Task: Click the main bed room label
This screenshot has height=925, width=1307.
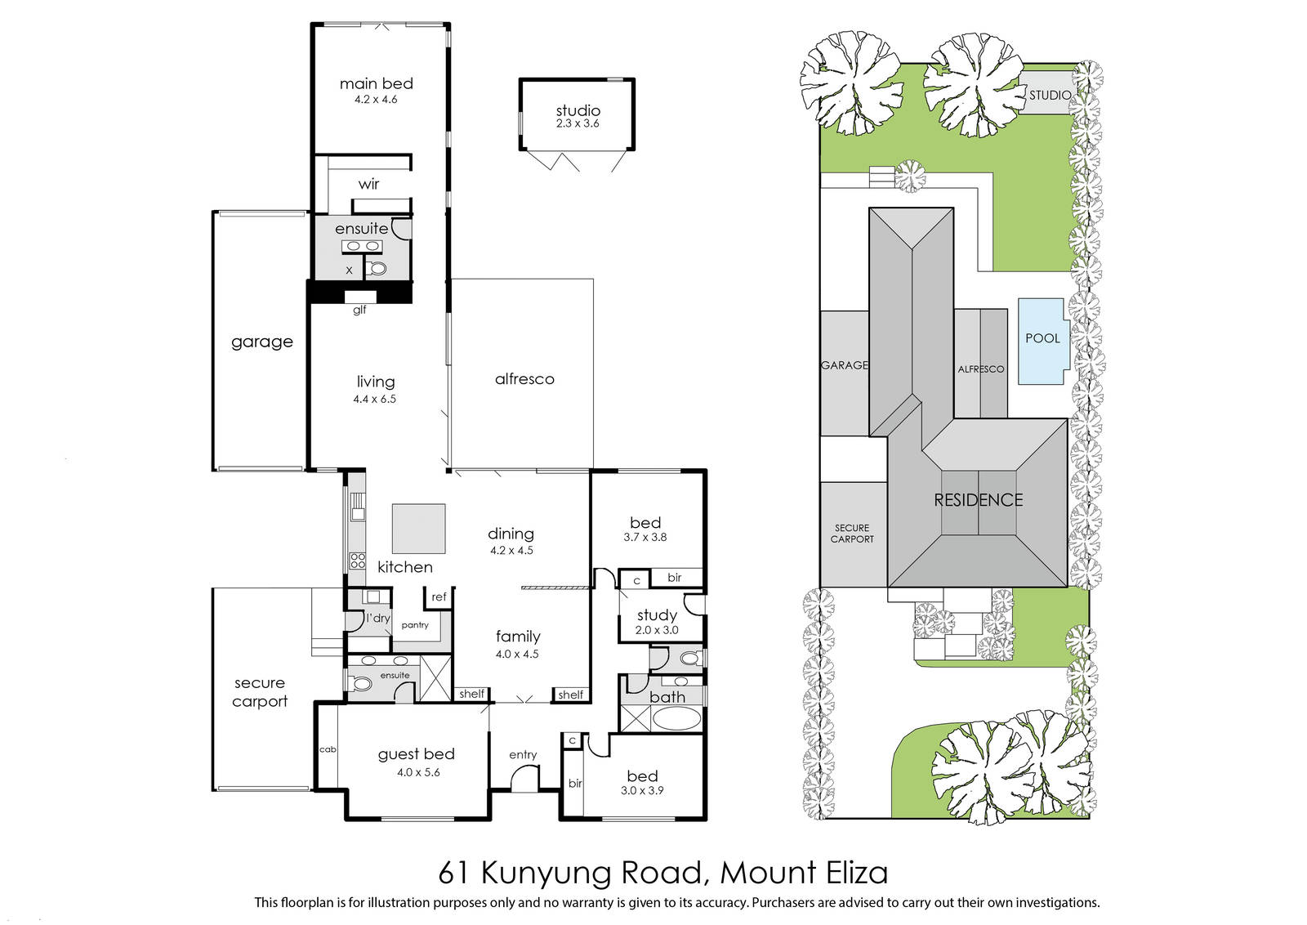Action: pyautogui.click(x=377, y=83)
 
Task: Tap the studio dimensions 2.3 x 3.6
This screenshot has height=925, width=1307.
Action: pyautogui.click(x=578, y=123)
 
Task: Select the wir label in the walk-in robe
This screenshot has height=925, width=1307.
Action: pyautogui.click(x=368, y=185)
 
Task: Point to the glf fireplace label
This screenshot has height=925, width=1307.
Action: pyautogui.click(x=359, y=310)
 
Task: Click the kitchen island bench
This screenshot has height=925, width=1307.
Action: pyautogui.click(x=418, y=529)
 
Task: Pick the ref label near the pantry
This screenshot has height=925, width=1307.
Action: pyautogui.click(x=439, y=597)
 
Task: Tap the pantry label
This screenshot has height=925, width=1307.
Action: pyautogui.click(x=415, y=625)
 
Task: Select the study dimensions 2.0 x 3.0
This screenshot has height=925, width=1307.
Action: pyautogui.click(x=657, y=630)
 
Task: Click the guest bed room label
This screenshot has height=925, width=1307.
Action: pyautogui.click(x=416, y=754)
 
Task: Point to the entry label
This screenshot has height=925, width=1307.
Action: pyautogui.click(x=523, y=755)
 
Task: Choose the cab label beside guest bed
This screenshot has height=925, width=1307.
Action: pyautogui.click(x=328, y=749)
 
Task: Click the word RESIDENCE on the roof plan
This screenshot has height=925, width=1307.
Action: pyautogui.click(x=979, y=500)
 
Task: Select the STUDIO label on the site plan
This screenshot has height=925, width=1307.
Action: pyautogui.click(x=1051, y=95)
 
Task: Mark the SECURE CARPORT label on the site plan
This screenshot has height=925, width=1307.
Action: pyautogui.click(x=852, y=534)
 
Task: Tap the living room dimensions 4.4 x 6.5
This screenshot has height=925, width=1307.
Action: pyautogui.click(x=375, y=400)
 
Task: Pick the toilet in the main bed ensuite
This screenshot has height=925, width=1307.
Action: pyautogui.click(x=377, y=269)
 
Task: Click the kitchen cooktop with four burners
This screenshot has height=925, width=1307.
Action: pyautogui.click(x=357, y=561)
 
